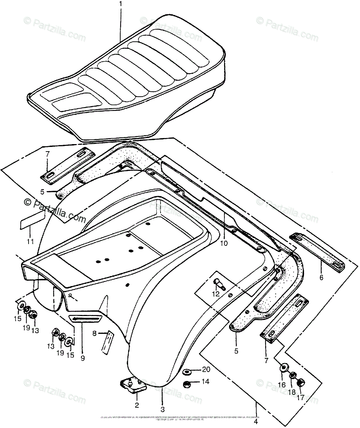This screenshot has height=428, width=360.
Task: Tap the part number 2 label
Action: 137,405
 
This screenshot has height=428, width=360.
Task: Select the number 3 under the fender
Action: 162,409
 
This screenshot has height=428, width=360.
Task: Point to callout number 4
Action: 256,421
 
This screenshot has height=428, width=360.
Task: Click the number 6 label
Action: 321,277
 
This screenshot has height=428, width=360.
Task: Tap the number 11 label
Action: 30,241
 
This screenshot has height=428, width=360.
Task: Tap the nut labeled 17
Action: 301,383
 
